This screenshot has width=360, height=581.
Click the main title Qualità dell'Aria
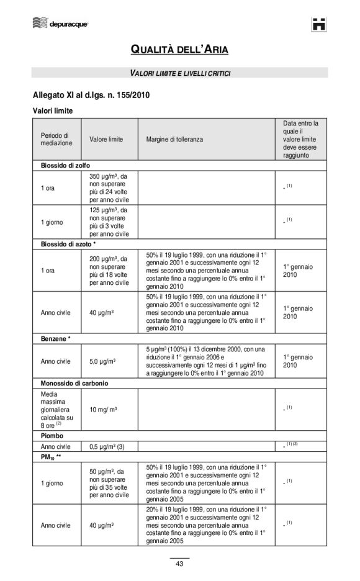tap(179, 50)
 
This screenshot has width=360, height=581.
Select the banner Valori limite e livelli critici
tap(180, 73)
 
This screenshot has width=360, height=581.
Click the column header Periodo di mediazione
tap(56, 139)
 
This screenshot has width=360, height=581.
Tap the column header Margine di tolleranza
tap(174, 139)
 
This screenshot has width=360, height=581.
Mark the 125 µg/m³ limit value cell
tap(109, 222)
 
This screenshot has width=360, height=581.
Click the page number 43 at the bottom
tap(179, 564)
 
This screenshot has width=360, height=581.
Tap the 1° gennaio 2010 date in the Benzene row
tap(298, 361)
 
